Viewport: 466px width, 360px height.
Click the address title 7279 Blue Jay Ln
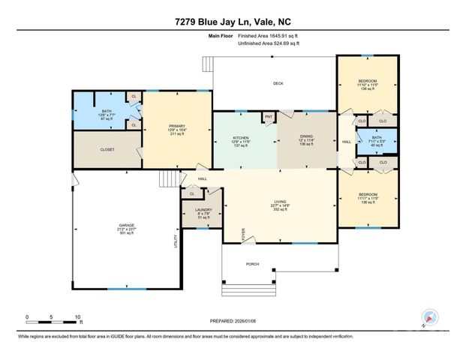pos(233,22)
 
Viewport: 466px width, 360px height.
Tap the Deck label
pos(277,84)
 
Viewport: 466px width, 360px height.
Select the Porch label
pos(253,264)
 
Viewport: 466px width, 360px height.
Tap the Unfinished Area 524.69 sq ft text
pos(269,44)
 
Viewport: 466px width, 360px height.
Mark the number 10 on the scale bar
pos(77,316)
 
